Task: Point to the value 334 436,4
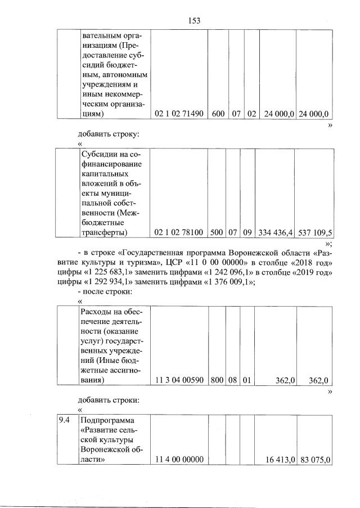pos(276,232)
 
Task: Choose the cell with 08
pos(233,380)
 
